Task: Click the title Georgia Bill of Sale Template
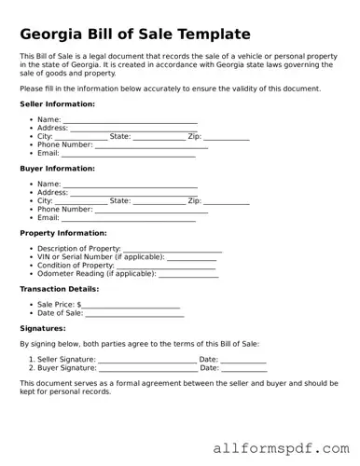click(135, 34)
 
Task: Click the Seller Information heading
click(56, 103)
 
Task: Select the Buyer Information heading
click(56, 169)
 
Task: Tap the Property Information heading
click(62, 233)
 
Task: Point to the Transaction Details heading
click(60, 289)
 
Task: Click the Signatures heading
click(42, 328)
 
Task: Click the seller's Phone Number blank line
click(151, 146)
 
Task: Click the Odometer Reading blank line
click(189, 275)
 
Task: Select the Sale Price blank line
click(132, 307)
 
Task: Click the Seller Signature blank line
click(147, 360)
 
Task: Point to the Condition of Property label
click(76, 266)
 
